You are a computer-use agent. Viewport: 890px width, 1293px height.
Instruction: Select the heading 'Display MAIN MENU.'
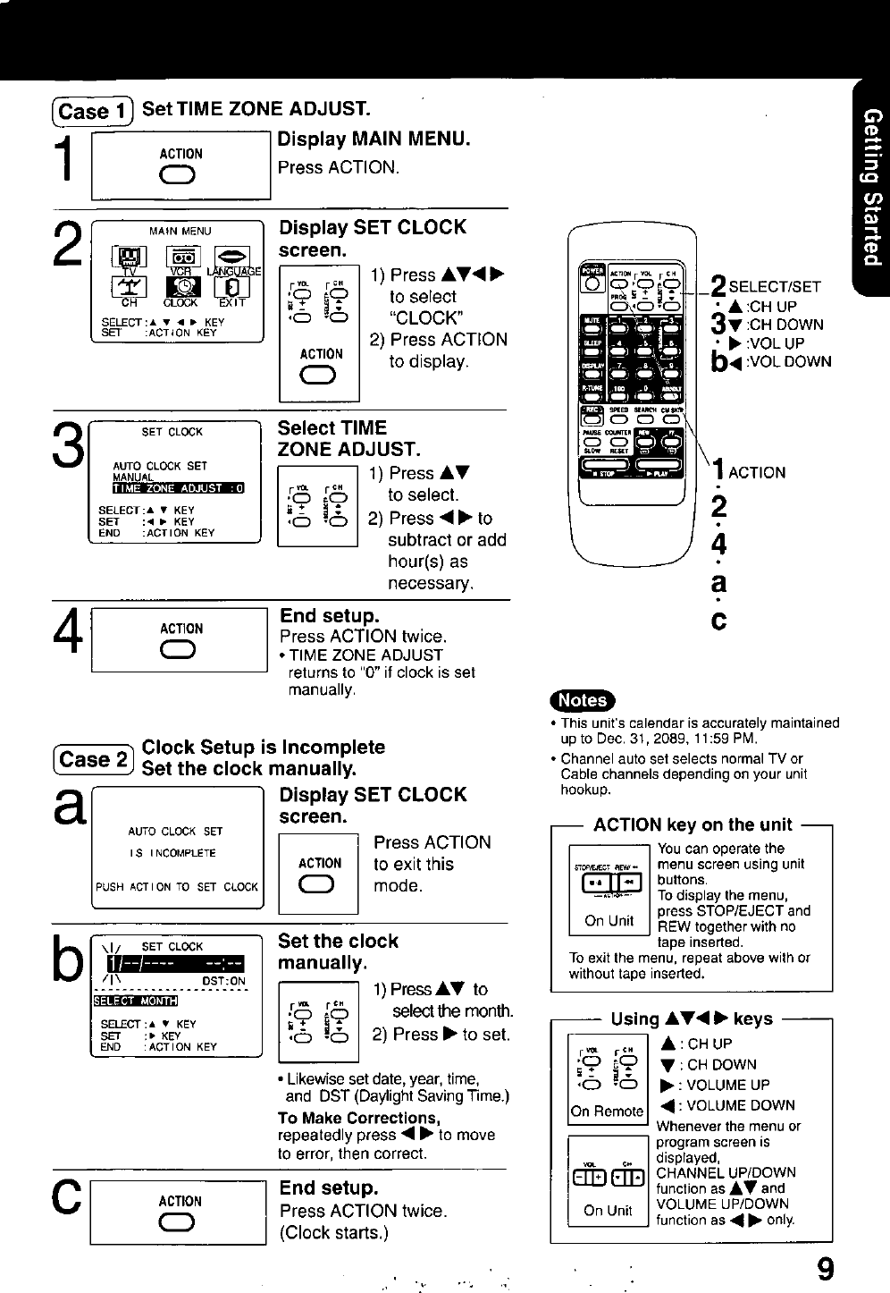374,139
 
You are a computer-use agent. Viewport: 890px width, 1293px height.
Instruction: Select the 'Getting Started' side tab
871,188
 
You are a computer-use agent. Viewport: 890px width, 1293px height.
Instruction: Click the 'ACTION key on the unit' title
693,824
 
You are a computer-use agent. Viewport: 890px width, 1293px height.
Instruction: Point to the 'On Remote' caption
608,1111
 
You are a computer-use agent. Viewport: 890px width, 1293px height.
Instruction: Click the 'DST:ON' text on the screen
223,981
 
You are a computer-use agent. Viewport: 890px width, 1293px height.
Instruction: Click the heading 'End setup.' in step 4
330,616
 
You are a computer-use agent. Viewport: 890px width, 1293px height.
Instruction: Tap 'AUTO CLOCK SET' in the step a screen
175,831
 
